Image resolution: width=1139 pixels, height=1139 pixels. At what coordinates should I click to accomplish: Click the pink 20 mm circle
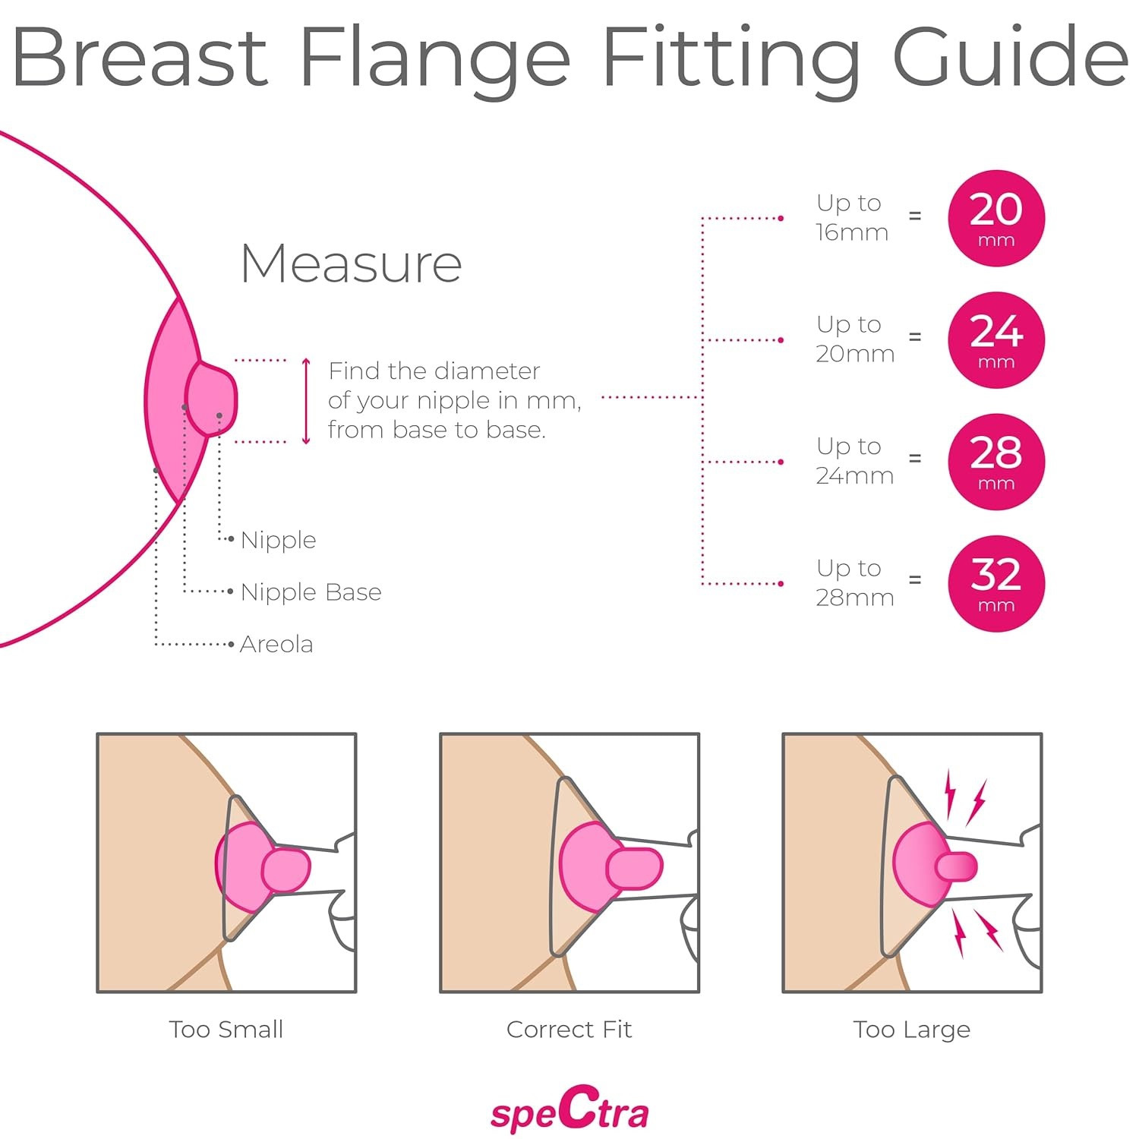pos(995,218)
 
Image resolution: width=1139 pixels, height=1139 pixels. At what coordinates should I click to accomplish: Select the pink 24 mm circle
pos(995,339)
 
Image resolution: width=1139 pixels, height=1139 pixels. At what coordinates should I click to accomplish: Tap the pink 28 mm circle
pos(995,462)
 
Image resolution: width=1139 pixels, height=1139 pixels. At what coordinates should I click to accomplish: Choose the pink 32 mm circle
pos(995,583)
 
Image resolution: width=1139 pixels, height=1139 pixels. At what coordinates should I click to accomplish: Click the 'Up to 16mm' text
pos(851,217)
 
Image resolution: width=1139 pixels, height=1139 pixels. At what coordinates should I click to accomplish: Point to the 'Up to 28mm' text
pos(854,582)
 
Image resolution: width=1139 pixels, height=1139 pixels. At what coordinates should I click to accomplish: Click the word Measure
pos(351,264)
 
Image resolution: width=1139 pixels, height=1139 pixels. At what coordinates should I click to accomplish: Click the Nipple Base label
pos(311,592)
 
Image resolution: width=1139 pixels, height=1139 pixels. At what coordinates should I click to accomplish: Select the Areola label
pos(276,644)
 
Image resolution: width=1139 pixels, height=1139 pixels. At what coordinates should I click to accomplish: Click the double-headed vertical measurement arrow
pos(306,401)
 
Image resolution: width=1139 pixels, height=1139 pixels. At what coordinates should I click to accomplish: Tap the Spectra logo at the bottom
pos(569,1110)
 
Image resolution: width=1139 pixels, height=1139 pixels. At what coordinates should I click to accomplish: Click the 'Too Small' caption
pos(226,1029)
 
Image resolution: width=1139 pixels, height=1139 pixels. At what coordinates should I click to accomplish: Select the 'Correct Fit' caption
pos(569,1029)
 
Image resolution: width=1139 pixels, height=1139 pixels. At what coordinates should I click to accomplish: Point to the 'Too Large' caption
pos(911,1029)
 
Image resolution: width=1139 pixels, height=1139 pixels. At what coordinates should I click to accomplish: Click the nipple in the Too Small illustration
pos(286,869)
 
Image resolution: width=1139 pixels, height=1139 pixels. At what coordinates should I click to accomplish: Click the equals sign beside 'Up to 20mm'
pos(915,336)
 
